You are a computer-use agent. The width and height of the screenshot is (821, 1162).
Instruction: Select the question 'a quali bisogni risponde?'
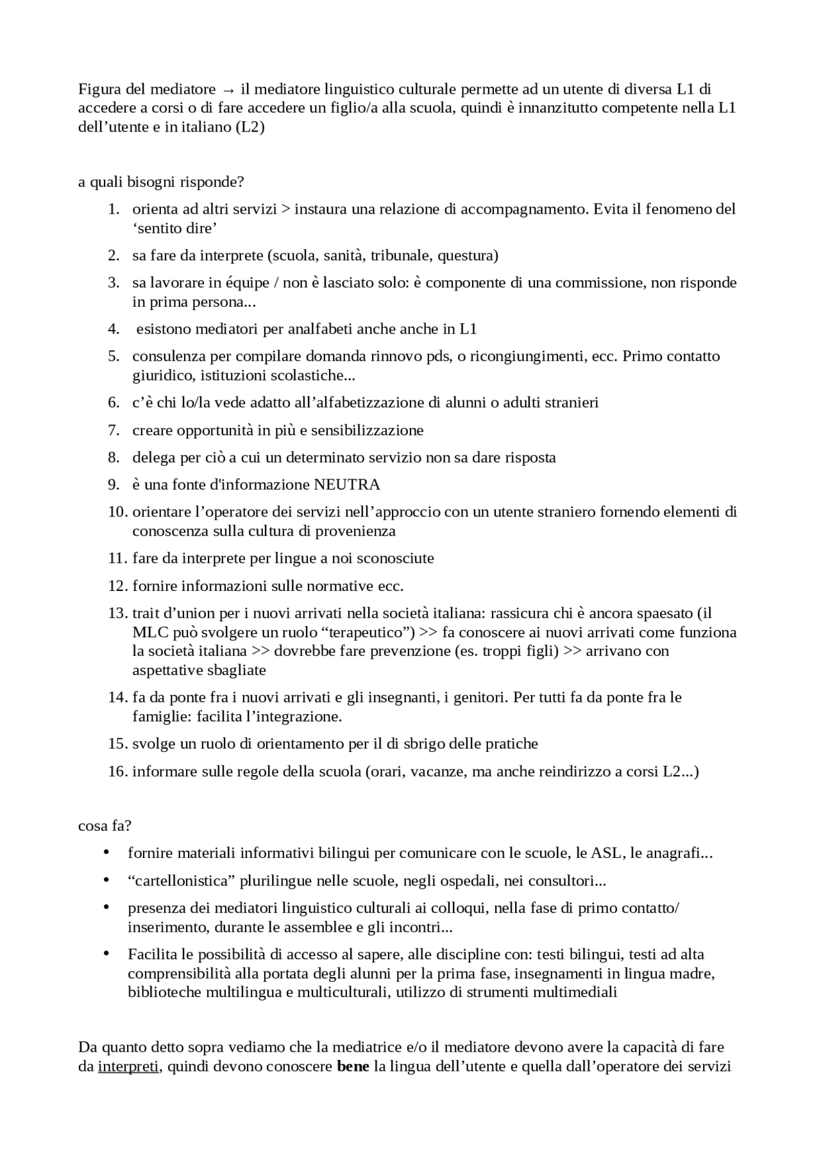(161, 182)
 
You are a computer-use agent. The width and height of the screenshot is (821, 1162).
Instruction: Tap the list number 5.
(114, 356)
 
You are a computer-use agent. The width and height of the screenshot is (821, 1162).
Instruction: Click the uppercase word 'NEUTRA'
(347, 484)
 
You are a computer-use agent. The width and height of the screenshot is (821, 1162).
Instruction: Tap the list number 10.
(117, 512)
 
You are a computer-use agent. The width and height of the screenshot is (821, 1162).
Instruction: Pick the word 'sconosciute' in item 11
(395, 558)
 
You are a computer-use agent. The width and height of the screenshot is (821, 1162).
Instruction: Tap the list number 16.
(117, 771)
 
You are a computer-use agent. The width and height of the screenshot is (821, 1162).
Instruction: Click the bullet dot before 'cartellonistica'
(106, 880)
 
